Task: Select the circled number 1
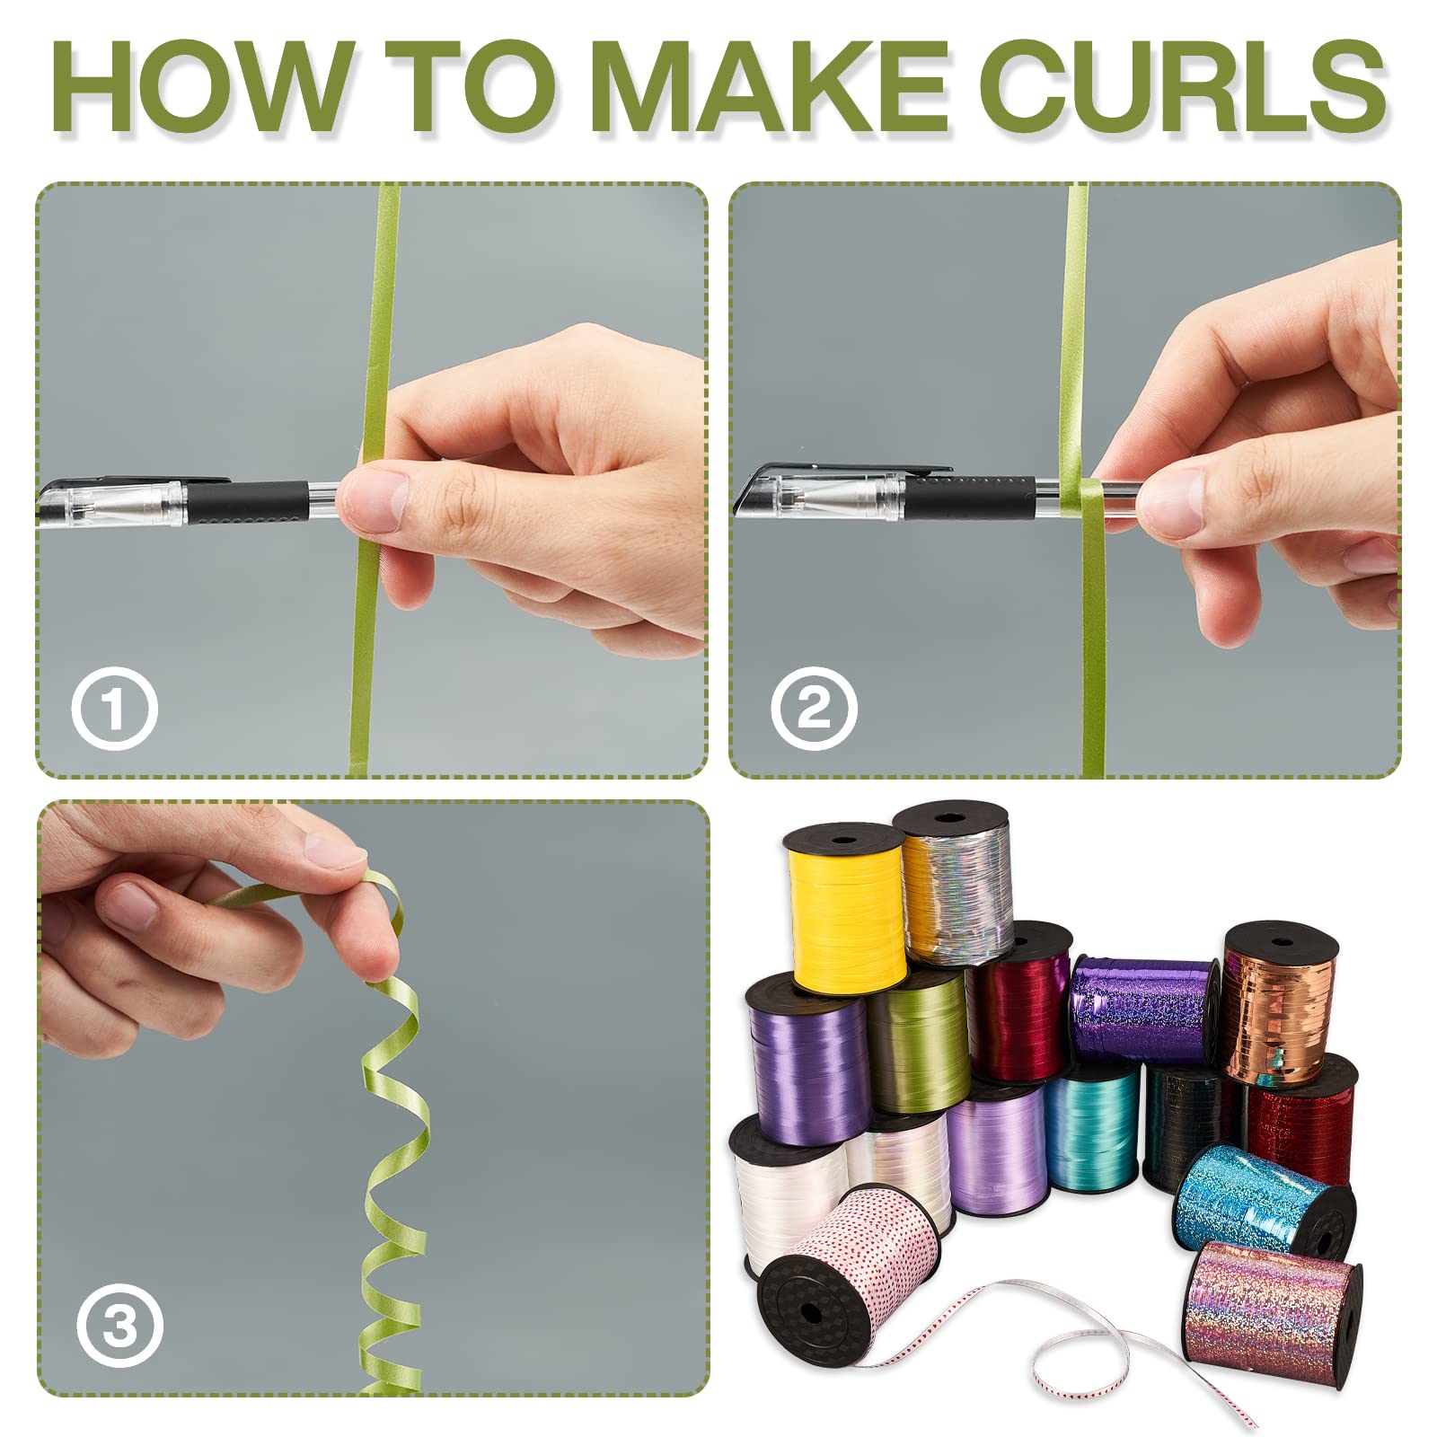coord(114,709)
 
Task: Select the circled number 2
coord(813,709)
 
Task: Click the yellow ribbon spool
coord(845,908)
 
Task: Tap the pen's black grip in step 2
coord(969,498)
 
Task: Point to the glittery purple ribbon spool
coord(1142,1009)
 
